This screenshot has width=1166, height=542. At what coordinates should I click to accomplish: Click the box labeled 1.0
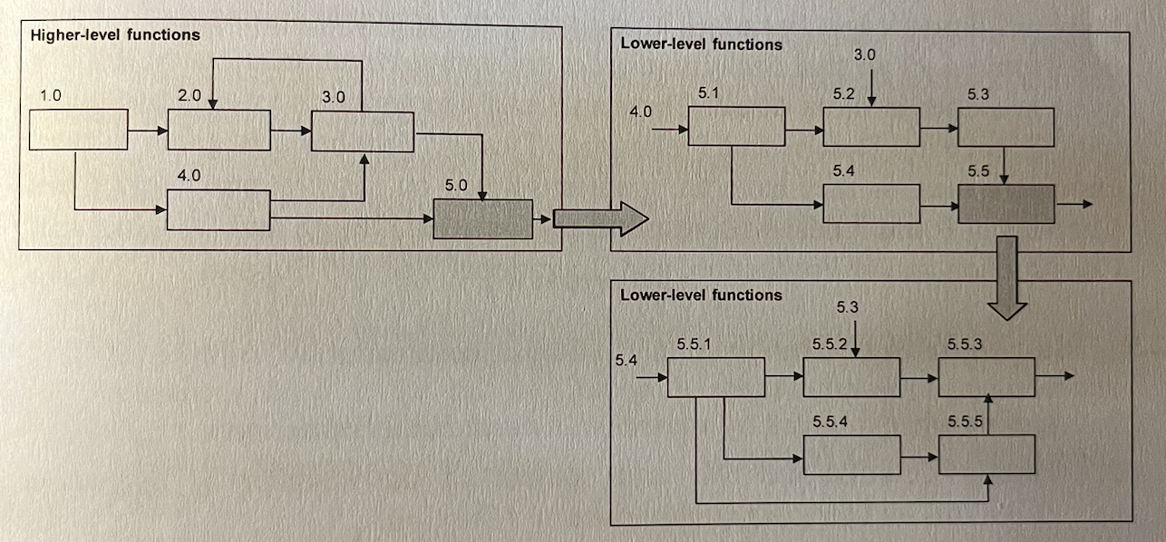pyautogui.click(x=79, y=129)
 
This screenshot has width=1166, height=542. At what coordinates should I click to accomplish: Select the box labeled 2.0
pyautogui.click(x=219, y=130)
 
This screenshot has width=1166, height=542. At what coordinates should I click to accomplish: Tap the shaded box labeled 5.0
pyautogui.click(x=482, y=218)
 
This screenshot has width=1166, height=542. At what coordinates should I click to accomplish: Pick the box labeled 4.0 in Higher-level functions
pyautogui.click(x=219, y=210)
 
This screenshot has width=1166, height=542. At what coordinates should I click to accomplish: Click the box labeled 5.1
pyautogui.click(x=736, y=125)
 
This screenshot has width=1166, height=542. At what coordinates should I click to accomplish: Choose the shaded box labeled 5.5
pyautogui.click(x=1006, y=204)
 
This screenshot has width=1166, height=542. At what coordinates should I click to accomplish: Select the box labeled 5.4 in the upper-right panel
pyautogui.click(x=871, y=203)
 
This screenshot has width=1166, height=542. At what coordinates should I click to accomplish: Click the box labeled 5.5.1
pyautogui.click(x=716, y=377)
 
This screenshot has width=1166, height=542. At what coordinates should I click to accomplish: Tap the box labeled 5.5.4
pyautogui.click(x=852, y=454)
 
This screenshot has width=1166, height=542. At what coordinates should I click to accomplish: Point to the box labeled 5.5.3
pyautogui.click(x=987, y=376)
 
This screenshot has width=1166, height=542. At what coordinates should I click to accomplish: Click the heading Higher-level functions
pyautogui.click(x=115, y=35)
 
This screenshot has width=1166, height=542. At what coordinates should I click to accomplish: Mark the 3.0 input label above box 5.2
pyautogui.click(x=864, y=55)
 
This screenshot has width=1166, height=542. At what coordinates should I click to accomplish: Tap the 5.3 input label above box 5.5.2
pyautogui.click(x=847, y=308)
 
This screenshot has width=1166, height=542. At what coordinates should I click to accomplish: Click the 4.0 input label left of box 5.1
pyautogui.click(x=641, y=112)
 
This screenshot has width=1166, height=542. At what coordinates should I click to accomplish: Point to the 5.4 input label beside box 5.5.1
pyautogui.click(x=626, y=360)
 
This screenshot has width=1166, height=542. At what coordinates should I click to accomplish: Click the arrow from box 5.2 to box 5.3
pyautogui.click(x=938, y=129)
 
